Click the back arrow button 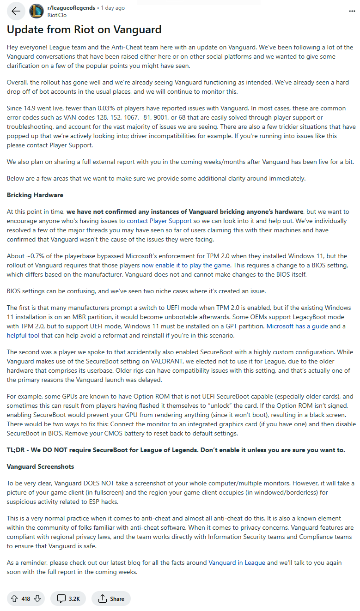[16, 11]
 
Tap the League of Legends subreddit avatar [37, 11]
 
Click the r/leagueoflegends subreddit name [71, 8]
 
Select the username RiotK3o [57, 15]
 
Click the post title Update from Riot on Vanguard [84, 30]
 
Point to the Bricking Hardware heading [35, 195]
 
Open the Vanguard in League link [237, 563]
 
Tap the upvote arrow [14, 599]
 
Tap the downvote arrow [37, 599]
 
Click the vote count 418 [26, 599]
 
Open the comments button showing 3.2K [68, 599]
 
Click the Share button [111, 599]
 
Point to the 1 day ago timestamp [113, 8]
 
